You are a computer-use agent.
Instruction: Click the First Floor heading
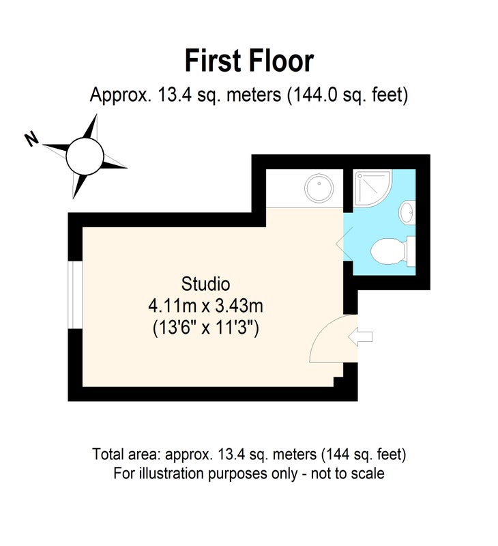tap(249, 61)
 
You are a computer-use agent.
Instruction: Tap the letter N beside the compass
tap(31, 139)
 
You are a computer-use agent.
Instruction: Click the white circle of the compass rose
tap(85, 156)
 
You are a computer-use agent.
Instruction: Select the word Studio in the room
tap(205, 284)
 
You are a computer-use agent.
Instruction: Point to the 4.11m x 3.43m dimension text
tap(205, 306)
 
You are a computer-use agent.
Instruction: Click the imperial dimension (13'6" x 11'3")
tap(205, 328)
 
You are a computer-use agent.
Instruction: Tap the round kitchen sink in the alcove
tap(319, 188)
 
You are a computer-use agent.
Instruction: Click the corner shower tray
tap(372, 188)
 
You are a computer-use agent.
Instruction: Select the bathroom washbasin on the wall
tap(407, 212)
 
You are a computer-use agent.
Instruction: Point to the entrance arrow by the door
tap(360, 336)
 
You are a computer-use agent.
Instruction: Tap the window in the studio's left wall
tap(75, 295)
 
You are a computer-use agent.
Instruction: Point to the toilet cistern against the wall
tap(411, 251)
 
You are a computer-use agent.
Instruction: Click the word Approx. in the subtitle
tap(121, 95)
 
